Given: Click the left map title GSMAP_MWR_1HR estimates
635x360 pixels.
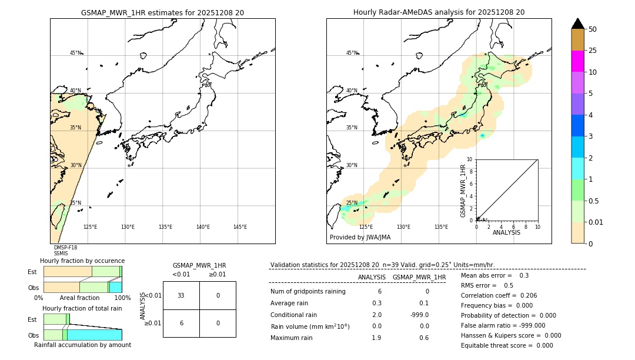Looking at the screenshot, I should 162,12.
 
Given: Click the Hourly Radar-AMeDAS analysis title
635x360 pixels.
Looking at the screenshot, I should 439,12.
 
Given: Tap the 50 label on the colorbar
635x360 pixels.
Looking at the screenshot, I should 593,29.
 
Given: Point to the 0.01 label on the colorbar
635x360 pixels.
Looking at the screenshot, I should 596,222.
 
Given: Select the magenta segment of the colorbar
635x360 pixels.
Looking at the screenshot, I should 577,61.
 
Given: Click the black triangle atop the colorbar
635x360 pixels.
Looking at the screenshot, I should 577,24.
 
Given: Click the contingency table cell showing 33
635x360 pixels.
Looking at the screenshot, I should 181,295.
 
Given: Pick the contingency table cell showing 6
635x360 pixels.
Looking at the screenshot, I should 181,323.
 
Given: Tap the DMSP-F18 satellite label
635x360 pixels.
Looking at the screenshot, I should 65,248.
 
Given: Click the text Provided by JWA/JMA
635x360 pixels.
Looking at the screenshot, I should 360,237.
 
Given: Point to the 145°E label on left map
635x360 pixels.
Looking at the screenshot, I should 240,227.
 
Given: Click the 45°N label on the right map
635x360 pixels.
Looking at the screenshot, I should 352,53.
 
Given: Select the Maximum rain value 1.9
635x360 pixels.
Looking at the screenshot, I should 376,338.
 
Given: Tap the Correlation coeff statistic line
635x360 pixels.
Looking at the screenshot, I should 499,295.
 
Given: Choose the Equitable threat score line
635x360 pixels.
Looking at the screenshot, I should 507,345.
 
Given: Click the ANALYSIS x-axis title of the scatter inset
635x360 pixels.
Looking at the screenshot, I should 506,232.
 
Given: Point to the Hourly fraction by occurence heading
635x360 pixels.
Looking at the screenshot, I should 82,261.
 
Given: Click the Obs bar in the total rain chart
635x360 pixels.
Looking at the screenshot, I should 82,335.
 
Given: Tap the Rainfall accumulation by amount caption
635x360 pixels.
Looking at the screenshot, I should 82,345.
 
